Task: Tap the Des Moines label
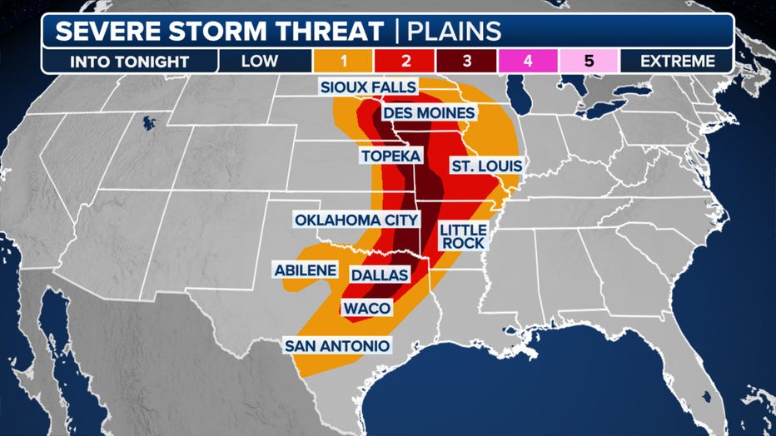pos(429,113)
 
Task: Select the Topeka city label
pos(390,156)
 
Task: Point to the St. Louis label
pos(485,166)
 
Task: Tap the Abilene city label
pos(306,270)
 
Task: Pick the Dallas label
pos(379,275)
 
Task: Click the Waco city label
pos(366,309)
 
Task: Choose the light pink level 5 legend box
pos(588,61)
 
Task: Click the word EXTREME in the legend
pos(679,61)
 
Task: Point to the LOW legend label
pos(266,61)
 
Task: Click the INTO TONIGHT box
pos(129,61)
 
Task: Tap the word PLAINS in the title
pos(455,31)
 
